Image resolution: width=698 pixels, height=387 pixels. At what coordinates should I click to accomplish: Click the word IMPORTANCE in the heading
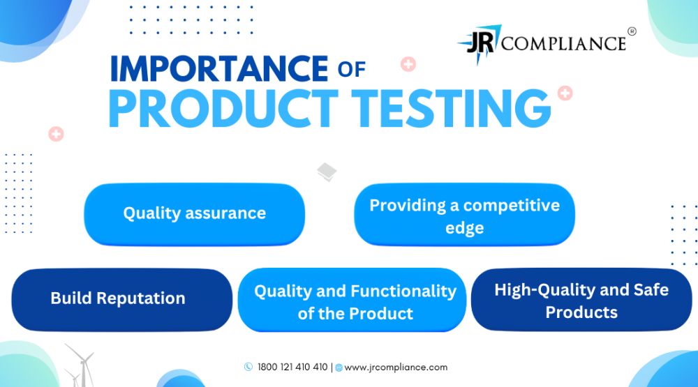tap(219, 68)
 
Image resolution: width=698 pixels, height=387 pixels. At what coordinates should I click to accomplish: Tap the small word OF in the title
tap(352, 70)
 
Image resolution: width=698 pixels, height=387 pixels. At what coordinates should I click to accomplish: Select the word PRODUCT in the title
tap(223, 109)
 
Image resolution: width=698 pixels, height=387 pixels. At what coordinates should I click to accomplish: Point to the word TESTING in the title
tap(451, 109)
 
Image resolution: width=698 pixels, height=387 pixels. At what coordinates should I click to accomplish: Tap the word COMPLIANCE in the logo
tap(564, 44)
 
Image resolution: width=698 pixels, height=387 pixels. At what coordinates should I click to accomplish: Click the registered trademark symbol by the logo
tap(632, 31)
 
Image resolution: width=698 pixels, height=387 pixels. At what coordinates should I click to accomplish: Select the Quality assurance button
tap(195, 214)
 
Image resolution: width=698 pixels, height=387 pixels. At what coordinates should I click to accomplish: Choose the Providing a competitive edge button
tap(464, 214)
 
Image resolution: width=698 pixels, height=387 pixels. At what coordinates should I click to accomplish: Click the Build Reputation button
tap(122, 299)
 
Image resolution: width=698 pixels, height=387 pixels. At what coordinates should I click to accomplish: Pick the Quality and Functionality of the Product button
tap(352, 300)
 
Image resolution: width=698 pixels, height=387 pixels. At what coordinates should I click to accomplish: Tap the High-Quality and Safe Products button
tap(581, 299)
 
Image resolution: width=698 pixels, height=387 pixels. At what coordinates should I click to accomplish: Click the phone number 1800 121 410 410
tap(292, 367)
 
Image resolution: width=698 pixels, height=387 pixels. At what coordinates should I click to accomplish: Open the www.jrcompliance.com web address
tap(396, 367)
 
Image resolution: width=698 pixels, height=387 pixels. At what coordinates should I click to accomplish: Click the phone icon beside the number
tap(248, 367)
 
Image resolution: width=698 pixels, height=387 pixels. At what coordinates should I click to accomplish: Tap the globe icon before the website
tap(339, 367)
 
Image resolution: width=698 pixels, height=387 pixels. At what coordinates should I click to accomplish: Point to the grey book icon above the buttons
tap(327, 172)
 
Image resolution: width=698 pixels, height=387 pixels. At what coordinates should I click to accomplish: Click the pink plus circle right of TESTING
tap(565, 93)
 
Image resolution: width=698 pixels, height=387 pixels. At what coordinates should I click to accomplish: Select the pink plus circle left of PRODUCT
tap(56, 133)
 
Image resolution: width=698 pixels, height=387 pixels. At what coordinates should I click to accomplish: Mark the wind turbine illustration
tap(80, 365)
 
